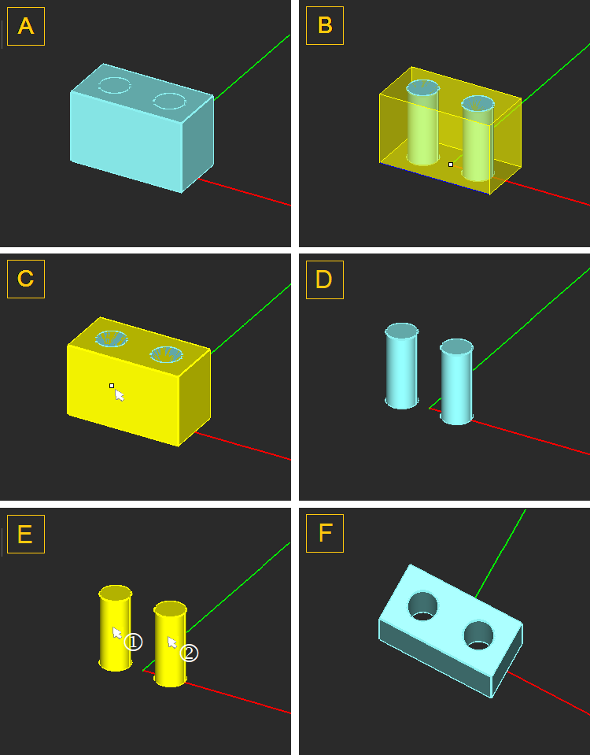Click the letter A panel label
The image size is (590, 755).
26,26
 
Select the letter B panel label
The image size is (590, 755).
325,25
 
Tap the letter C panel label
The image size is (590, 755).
26,279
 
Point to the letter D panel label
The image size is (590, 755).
325,279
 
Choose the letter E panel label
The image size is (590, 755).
26,534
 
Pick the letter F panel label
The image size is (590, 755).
325,534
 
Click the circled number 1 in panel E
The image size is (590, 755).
133,642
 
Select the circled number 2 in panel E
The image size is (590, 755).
189,653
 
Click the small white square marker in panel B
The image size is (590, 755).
451,165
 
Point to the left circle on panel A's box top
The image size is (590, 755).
115,85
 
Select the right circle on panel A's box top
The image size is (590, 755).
169,101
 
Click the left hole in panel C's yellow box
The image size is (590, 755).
112,339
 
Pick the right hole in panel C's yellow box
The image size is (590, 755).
167,354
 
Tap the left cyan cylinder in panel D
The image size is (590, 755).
401,366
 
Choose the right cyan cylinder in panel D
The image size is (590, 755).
457,382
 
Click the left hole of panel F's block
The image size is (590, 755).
423,605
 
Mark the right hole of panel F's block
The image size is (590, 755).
479,635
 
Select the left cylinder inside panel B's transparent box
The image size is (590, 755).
423,123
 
